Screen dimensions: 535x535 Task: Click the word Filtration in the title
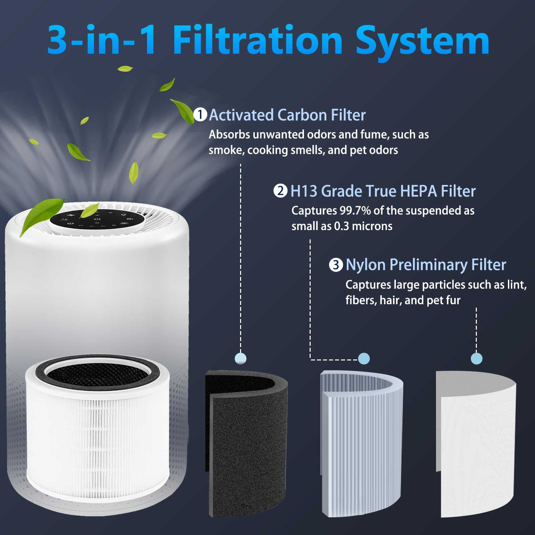257,41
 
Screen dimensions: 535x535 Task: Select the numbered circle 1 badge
200,115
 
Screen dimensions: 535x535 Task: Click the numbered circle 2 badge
280,191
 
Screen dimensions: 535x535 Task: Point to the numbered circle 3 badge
336,265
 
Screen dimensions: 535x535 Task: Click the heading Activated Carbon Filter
287,115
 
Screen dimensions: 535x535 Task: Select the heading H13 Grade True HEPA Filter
383,191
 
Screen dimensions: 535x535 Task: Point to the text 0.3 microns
363,226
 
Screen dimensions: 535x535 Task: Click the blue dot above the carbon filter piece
241,358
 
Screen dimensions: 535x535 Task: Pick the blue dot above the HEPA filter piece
364,359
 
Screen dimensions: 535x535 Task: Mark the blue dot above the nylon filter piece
476,359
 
